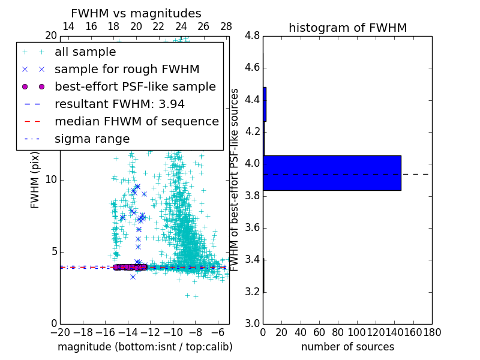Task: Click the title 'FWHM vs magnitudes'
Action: (x=136, y=13)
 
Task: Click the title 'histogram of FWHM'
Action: (x=347, y=28)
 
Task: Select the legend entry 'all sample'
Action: (x=85, y=52)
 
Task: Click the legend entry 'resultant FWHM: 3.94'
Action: (x=119, y=104)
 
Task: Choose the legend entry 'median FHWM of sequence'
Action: (x=136, y=122)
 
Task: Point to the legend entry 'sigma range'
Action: (x=92, y=139)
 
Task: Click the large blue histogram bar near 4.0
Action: (x=332, y=173)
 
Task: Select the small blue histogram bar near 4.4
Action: (x=265, y=104)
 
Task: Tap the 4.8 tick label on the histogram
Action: (x=251, y=35)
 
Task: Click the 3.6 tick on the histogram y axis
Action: (x=251, y=227)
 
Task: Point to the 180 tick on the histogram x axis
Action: (x=432, y=331)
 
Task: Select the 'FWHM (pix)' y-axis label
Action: (x=35, y=180)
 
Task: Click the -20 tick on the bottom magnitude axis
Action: (x=60, y=331)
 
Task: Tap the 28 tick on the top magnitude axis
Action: (x=226, y=26)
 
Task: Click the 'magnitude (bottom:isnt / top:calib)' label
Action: (x=145, y=347)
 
